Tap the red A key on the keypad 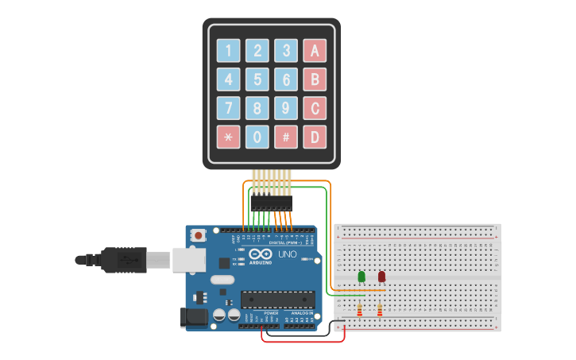coord(315,51)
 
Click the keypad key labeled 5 coord(257,79)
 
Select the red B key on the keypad coord(315,79)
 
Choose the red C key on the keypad coord(315,108)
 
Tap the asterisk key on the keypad coord(229,137)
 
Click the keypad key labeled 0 coord(257,137)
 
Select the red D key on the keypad coord(315,137)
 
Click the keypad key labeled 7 coord(229,108)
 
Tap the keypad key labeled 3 coord(286,51)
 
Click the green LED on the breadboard coord(361,277)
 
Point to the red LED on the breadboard coord(381,277)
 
